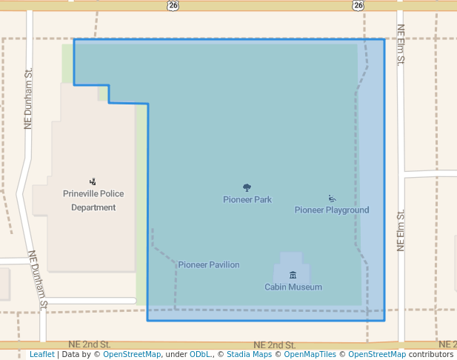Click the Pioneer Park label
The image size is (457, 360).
pos(247,199)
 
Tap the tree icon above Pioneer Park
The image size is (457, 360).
pos(247,188)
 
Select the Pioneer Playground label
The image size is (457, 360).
pos(332,210)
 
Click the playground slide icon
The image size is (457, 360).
pos(332,199)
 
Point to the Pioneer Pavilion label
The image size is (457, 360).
pos(209,264)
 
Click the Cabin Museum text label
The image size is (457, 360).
pos(293,287)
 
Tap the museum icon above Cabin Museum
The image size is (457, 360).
pos(293,276)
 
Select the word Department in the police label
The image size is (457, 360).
pos(93,207)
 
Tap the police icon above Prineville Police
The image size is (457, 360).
pos(93,181)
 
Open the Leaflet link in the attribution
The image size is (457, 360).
pos(41,354)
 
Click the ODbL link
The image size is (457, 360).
pos(201,354)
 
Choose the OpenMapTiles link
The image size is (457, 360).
pos(310,354)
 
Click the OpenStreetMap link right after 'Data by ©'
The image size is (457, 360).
pos(132,354)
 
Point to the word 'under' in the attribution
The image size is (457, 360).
pos(176,354)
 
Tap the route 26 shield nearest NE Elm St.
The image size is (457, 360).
pos(358,5)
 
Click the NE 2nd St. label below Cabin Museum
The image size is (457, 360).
pos(274,345)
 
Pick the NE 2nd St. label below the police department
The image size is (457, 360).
pos(89,345)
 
